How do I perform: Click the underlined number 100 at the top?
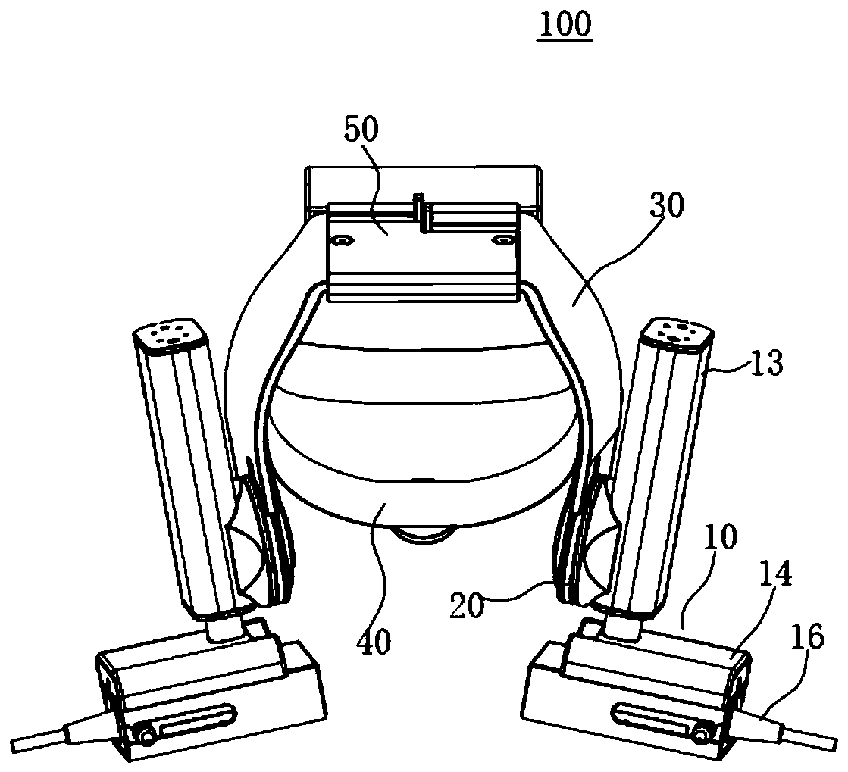click(x=565, y=25)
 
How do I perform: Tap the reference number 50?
click(x=360, y=130)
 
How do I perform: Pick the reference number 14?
click(x=775, y=577)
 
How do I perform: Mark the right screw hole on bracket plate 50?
click(x=501, y=240)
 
